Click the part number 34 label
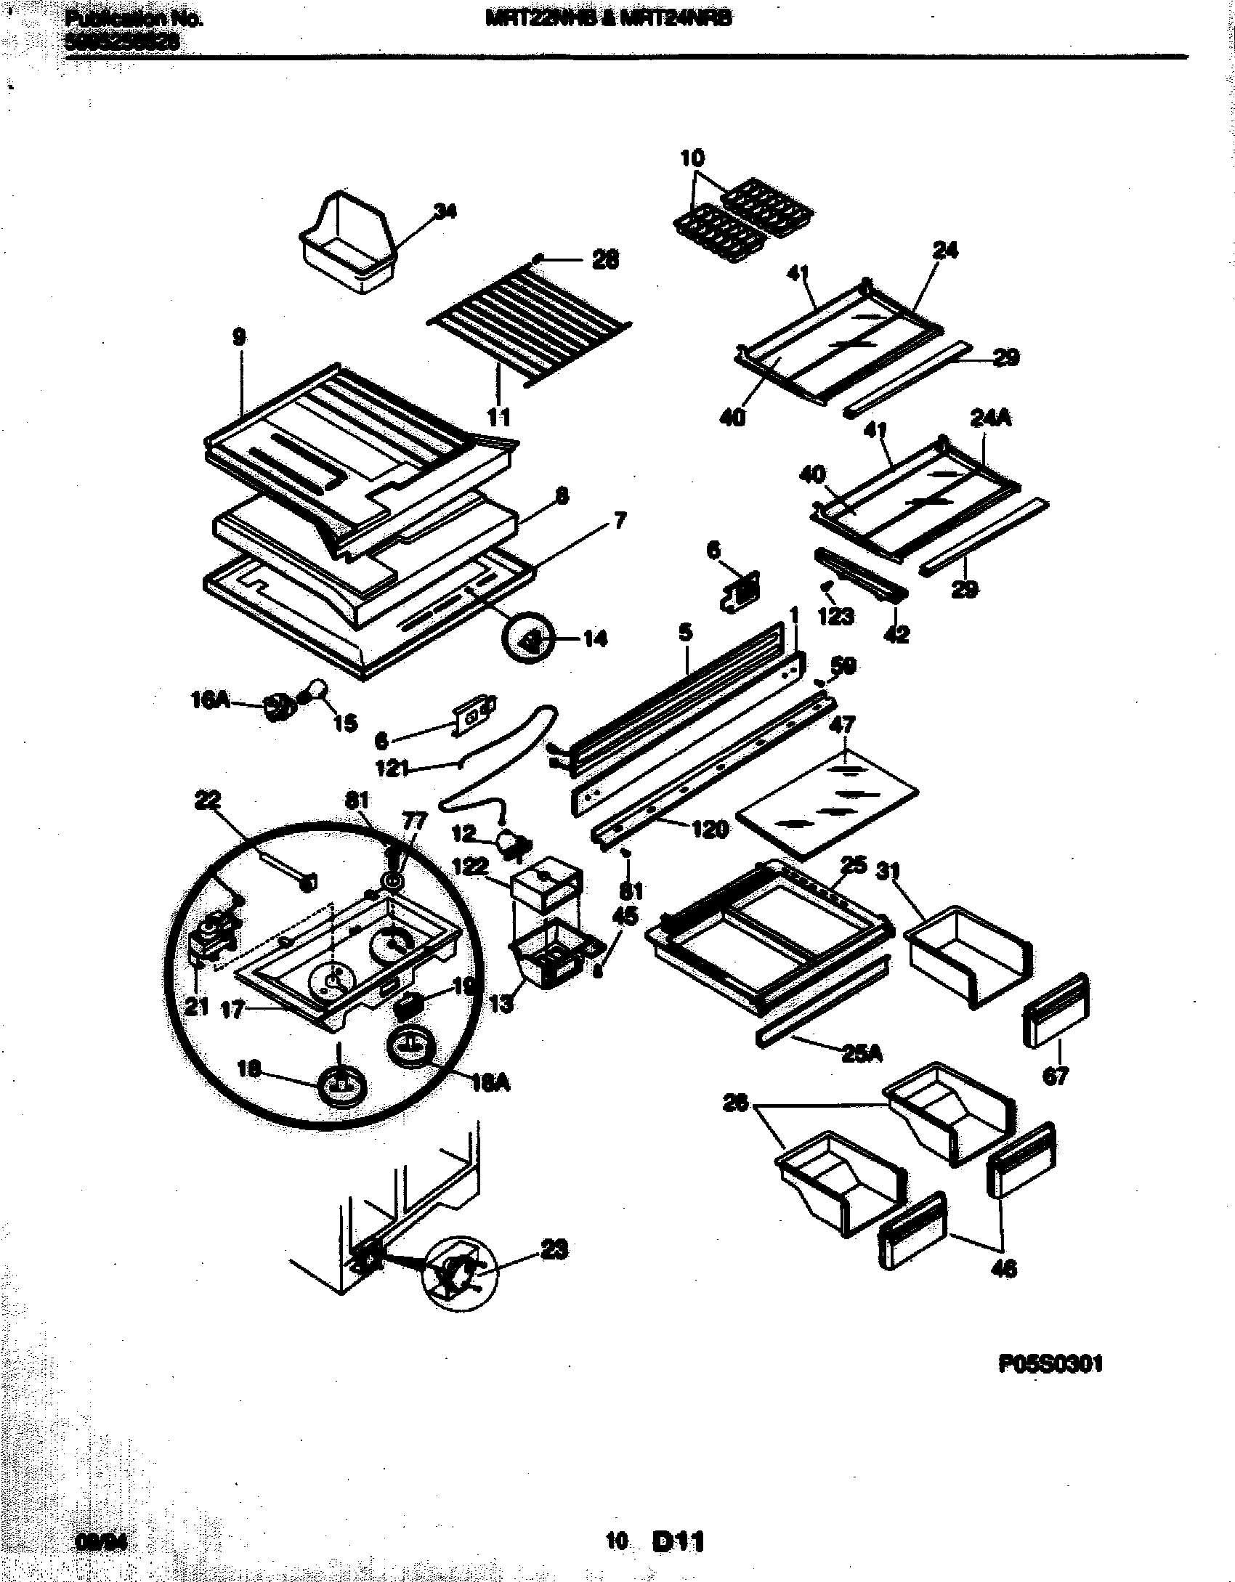[445, 211]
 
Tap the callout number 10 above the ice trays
[692, 158]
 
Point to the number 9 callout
[239, 337]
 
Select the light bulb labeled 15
[317, 688]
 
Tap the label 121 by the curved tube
[393, 768]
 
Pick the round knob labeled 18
[341, 1106]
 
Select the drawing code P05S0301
[1050, 1364]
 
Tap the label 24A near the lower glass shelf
[991, 419]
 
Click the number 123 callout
[836, 617]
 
